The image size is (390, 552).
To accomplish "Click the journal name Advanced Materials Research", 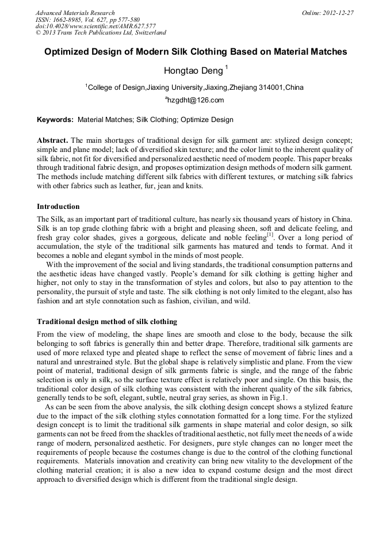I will [x=75, y=13].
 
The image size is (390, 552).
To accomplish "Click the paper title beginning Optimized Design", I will [x=196, y=51].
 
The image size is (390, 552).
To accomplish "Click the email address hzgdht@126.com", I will [x=195, y=100].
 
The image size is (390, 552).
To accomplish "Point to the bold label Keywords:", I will [x=55, y=120].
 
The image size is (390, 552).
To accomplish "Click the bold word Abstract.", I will [x=52, y=140].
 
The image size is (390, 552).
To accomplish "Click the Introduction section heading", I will [x=58, y=207].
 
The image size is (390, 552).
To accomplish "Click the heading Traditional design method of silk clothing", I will [x=107, y=321].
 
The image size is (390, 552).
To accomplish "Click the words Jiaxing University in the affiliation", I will [x=175, y=87].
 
